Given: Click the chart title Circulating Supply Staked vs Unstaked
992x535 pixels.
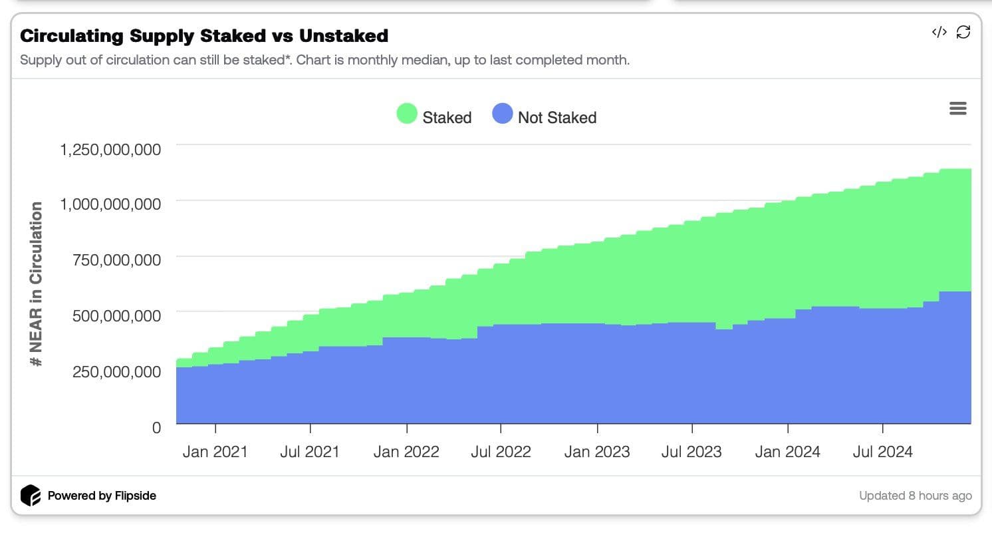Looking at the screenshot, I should (204, 35).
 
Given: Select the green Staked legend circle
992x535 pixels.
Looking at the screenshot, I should (407, 114).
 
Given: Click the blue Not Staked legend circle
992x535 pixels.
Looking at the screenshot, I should (503, 114).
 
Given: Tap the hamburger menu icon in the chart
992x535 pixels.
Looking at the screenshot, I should (957, 108).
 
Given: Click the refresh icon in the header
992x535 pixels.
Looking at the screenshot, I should (963, 32).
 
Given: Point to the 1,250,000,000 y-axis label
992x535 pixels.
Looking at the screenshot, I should (110, 149).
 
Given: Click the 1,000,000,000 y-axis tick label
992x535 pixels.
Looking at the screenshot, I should (110, 204).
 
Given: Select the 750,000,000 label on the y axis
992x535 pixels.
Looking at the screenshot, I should (116, 260).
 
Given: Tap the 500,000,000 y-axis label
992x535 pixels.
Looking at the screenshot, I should (116, 315).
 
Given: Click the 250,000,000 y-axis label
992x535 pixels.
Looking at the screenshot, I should (116, 371).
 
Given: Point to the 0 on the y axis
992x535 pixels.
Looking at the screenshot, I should (156, 427).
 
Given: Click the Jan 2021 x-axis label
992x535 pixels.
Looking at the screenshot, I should (215, 452).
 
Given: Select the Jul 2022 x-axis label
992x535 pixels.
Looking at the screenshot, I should (501, 452).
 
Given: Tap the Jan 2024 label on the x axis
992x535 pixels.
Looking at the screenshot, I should (787, 452).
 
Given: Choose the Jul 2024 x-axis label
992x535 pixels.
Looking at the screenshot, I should (882, 452).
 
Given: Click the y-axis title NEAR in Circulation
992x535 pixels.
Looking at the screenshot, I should (37, 284).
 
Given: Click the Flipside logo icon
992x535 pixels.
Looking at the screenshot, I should (31, 496).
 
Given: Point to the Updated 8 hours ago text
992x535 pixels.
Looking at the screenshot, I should (915, 496).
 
